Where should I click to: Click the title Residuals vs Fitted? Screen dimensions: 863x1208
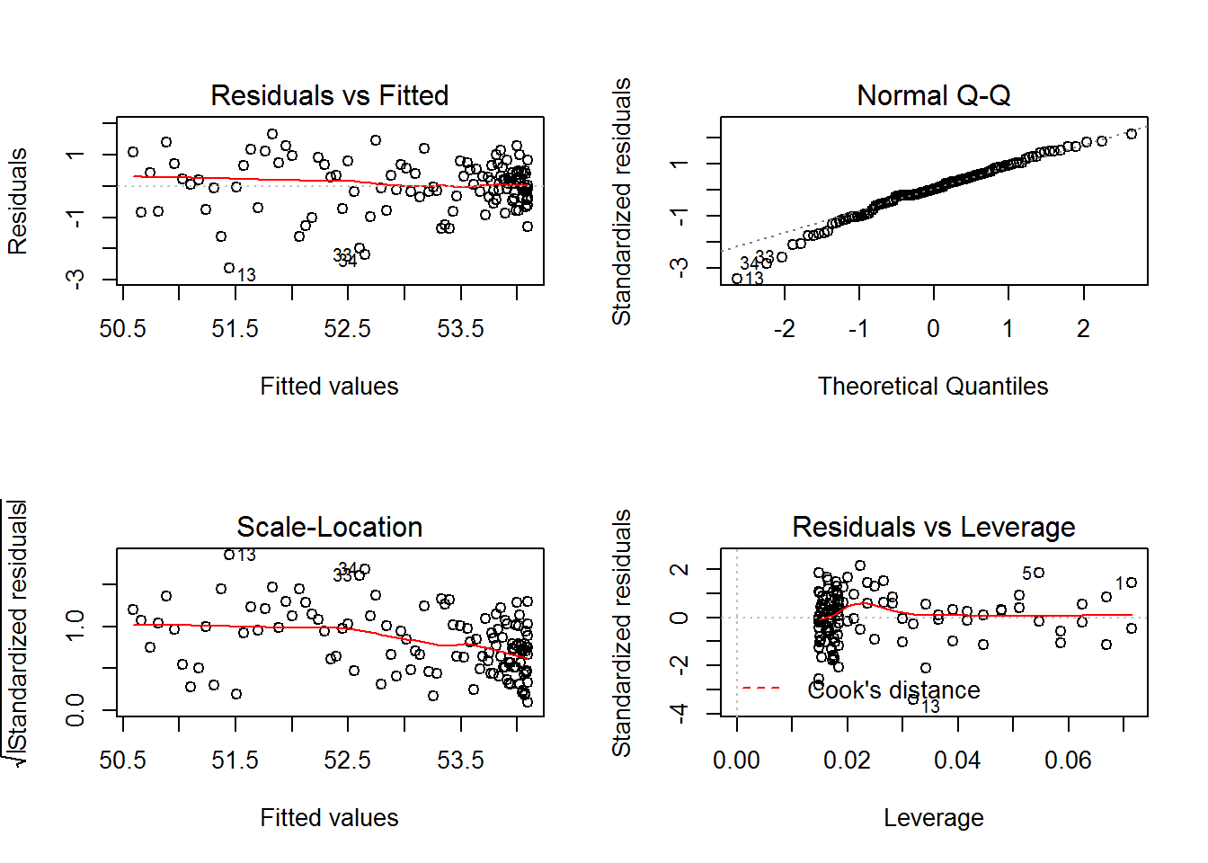(x=329, y=95)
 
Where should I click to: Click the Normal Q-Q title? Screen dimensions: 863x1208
(x=933, y=95)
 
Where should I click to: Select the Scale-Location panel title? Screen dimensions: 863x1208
(x=329, y=527)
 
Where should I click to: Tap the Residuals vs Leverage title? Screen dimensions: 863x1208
(x=933, y=527)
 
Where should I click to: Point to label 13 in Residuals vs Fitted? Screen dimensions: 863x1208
(x=246, y=275)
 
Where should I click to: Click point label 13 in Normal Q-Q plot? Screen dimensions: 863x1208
(x=754, y=279)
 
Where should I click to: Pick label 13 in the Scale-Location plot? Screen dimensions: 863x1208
(x=246, y=555)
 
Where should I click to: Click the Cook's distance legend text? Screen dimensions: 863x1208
(x=893, y=690)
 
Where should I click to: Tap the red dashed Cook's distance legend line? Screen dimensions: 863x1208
(x=760, y=689)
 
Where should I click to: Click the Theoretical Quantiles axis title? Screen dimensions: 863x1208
(x=933, y=387)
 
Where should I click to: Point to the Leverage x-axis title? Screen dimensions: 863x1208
(x=933, y=818)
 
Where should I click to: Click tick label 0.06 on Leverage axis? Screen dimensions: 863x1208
(x=1068, y=761)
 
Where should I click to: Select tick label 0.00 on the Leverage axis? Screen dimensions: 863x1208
(x=736, y=761)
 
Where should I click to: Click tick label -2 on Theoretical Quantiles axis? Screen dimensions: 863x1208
(x=784, y=329)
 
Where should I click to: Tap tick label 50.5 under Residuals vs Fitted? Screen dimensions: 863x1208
(x=122, y=329)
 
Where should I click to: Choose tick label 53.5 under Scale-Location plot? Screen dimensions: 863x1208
(x=460, y=761)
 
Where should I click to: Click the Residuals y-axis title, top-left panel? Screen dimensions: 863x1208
(x=18, y=201)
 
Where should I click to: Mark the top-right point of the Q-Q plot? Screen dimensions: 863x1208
(x=1132, y=134)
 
